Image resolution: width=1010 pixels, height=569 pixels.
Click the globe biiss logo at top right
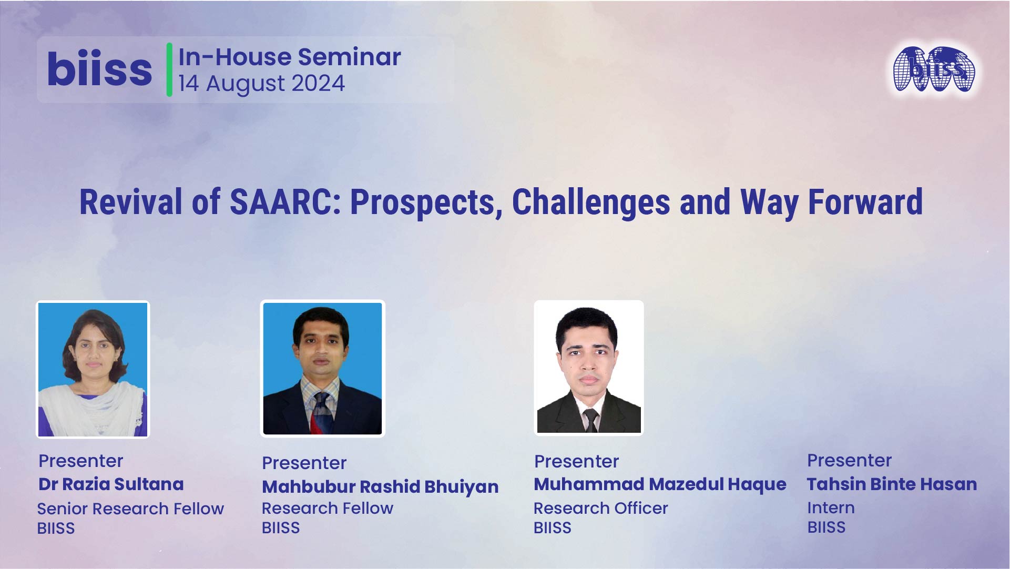click(934, 69)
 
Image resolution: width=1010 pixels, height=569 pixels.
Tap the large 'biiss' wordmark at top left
click(99, 69)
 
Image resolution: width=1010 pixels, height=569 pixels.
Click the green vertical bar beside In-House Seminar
click(169, 69)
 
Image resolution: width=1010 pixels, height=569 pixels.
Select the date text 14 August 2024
click(261, 84)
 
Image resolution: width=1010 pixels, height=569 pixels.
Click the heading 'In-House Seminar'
click(290, 57)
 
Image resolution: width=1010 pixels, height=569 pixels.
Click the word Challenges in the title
click(590, 202)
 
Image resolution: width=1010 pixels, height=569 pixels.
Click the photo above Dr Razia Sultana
click(93, 369)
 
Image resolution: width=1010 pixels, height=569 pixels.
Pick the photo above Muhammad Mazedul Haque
click(588, 368)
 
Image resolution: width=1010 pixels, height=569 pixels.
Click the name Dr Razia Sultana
click(111, 484)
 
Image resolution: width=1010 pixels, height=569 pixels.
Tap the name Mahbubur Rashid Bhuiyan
click(380, 487)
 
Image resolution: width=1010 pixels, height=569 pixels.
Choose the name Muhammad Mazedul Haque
click(660, 484)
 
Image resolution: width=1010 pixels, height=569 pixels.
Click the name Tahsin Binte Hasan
click(892, 484)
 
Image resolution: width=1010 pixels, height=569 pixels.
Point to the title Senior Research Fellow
click(130, 509)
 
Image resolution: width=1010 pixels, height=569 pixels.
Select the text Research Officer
click(600, 508)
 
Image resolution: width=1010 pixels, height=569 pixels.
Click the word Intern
click(831, 507)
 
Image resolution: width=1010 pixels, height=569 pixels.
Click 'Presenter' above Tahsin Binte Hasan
click(849, 460)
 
